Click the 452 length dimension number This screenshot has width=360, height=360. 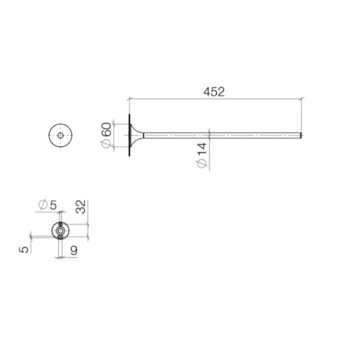point(214,91)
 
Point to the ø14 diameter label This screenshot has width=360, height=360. point(201,156)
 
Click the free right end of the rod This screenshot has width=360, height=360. point(300,135)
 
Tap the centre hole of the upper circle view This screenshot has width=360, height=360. point(60,135)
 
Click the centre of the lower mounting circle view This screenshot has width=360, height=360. point(60,230)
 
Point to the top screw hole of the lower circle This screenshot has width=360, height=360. point(60,224)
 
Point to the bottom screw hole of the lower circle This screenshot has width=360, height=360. point(60,237)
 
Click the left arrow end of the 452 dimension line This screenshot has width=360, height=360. point(129,99)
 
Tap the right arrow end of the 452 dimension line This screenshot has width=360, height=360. point(301,99)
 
